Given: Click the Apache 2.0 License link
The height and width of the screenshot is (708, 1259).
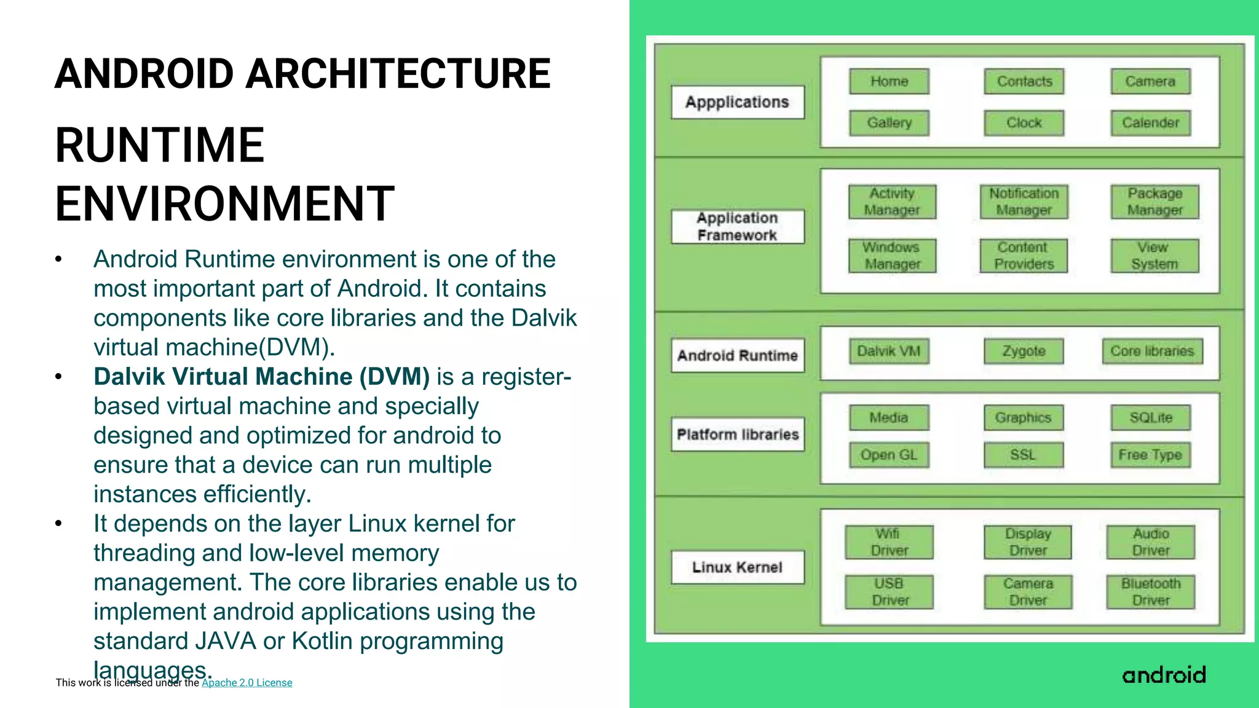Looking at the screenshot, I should pyautogui.click(x=247, y=683).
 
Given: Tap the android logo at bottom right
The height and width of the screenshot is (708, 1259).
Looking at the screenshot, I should pyautogui.click(x=1164, y=675).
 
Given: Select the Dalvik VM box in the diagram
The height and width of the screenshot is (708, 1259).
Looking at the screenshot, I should pyautogui.click(x=889, y=352).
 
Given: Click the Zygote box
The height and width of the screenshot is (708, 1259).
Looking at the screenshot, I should pyautogui.click(x=1024, y=352).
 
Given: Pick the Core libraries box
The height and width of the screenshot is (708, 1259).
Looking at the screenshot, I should pyautogui.click(x=1152, y=352).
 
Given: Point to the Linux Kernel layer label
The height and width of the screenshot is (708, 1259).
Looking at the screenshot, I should pyautogui.click(x=737, y=567).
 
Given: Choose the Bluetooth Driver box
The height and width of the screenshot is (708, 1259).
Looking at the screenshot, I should pyautogui.click(x=1151, y=592).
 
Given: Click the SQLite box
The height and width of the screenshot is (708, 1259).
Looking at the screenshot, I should pyautogui.click(x=1151, y=418).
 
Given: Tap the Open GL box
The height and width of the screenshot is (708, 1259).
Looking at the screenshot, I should pyautogui.click(x=889, y=455).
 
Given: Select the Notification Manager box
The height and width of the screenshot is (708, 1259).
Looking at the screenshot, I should pyautogui.click(x=1024, y=202).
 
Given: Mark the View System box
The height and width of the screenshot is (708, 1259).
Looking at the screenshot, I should pyautogui.click(x=1154, y=256).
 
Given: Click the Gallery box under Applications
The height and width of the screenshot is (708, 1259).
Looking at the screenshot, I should pyautogui.click(x=889, y=123).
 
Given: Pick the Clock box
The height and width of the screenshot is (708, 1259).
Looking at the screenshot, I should pyautogui.click(x=1024, y=123).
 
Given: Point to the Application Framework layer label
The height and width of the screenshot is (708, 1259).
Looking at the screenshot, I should pyautogui.click(x=737, y=227).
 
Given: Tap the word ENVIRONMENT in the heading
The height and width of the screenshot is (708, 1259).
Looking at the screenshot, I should pyautogui.click(x=224, y=203).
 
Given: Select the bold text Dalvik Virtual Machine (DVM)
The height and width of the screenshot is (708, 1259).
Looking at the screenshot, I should pyautogui.click(x=261, y=377).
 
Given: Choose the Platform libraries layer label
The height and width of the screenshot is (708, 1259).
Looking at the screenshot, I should pyautogui.click(x=738, y=435).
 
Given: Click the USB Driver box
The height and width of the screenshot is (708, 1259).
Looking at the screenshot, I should pyautogui.click(x=890, y=592).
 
